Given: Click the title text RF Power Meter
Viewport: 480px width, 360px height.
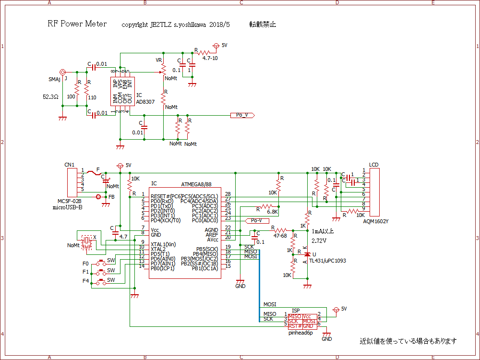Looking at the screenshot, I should pos(77,24).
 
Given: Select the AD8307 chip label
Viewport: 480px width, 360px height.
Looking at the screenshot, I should pos(145,102).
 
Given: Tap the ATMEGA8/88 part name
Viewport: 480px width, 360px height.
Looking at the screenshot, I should pos(196,184).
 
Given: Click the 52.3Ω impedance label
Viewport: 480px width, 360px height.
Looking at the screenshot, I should pos(50,96).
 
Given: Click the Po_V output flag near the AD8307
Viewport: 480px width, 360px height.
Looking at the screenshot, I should pos(242,115).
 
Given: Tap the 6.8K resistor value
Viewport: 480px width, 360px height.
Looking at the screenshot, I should pos(273,211).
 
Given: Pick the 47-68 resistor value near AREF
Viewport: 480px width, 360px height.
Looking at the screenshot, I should pos(280,236).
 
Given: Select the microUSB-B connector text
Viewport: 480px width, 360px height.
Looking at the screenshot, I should pos(68,207).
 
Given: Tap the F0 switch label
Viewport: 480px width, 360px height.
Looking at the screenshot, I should pos(85,264).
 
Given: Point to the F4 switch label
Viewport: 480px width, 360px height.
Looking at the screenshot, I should pos(85,280).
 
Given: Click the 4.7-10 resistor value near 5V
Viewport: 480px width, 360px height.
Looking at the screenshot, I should pos(211,58).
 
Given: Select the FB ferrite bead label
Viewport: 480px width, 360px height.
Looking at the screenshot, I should pos(111,197).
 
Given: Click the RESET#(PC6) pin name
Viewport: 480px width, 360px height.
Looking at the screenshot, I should pos(166,196).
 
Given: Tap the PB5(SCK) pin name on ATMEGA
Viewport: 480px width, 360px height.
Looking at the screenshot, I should pos(205,249).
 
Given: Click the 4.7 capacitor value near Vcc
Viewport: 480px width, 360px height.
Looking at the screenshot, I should pos(123,237).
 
